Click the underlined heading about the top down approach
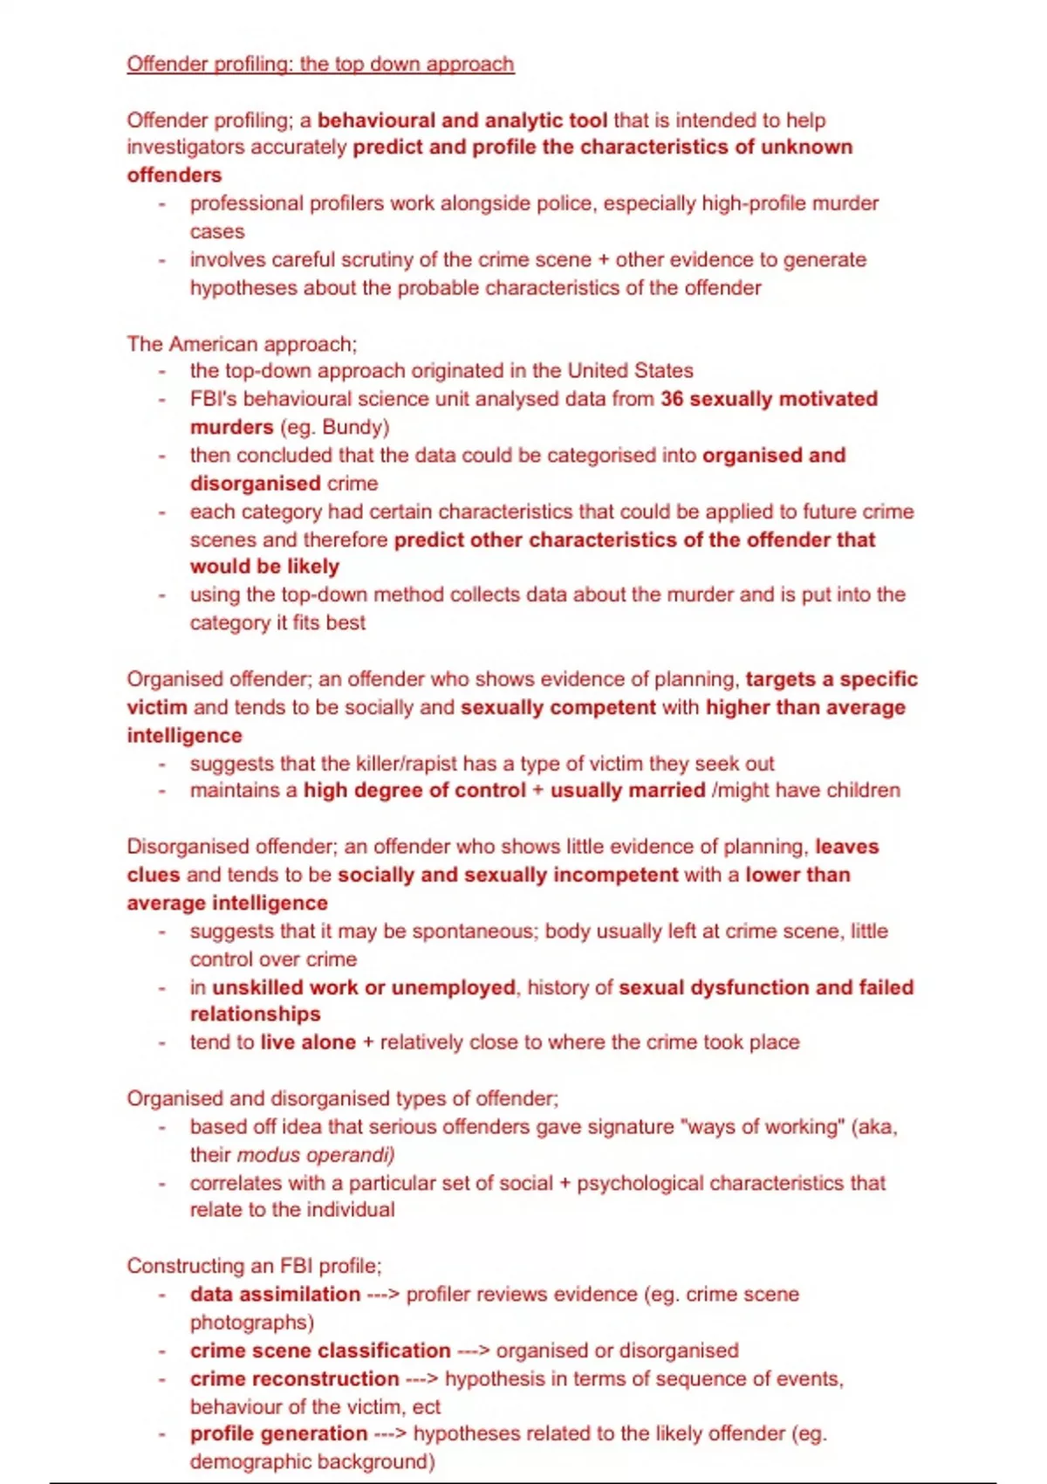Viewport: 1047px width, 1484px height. point(320,65)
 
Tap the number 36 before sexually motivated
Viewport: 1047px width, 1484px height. point(672,399)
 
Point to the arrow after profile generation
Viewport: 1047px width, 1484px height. point(390,1434)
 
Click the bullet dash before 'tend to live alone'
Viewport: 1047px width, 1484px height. point(162,1043)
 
